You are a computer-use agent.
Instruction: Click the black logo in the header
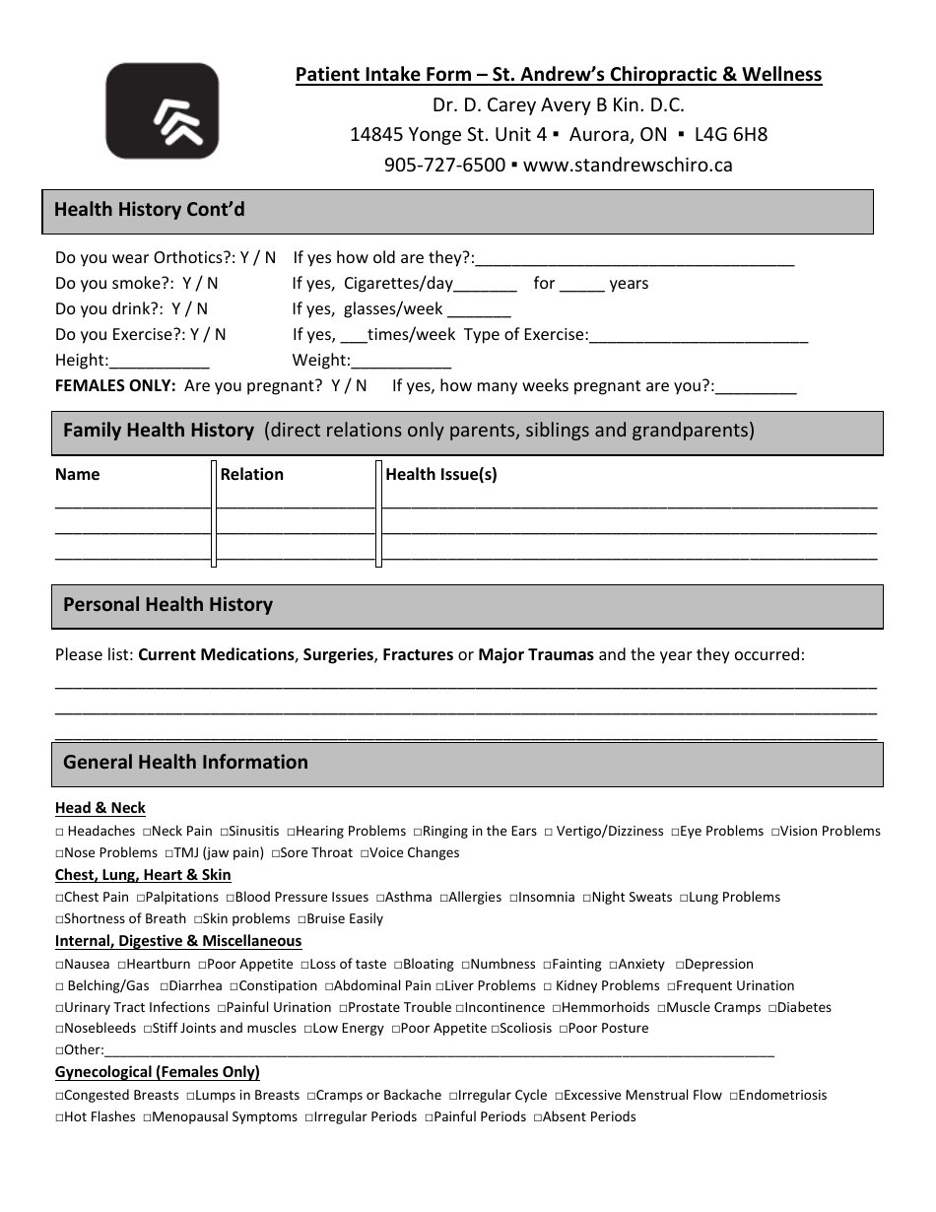tap(162, 111)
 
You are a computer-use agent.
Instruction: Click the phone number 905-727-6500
tap(444, 166)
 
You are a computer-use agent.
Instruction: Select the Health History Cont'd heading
tap(150, 210)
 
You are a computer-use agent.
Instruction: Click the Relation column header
tap(251, 475)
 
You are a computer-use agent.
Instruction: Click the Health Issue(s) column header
tap(441, 475)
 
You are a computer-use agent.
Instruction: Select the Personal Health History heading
tap(167, 605)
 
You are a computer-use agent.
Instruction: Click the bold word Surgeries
tap(338, 654)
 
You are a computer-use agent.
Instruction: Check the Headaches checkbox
tap(60, 832)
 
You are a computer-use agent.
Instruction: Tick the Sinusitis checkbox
tap(225, 832)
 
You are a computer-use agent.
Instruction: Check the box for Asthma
tap(380, 898)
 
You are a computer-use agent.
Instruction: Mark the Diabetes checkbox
tap(773, 1008)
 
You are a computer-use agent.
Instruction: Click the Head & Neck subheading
tap(100, 808)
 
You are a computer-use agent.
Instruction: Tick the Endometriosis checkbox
tap(734, 1096)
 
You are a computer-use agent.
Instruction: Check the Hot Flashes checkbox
tap(60, 1117)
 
